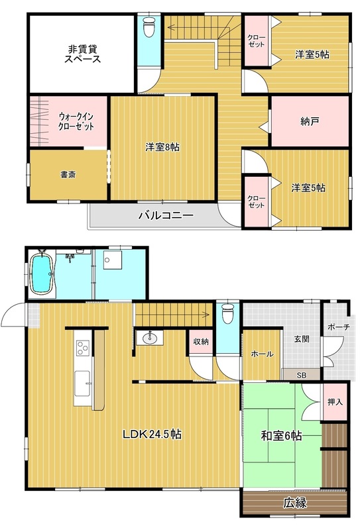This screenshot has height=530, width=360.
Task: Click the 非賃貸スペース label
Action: pyautogui.click(x=83, y=54)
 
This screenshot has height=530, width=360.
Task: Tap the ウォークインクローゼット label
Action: pyautogui.click(x=76, y=122)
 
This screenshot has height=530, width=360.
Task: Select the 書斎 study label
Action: pyautogui.click(x=68, y=175)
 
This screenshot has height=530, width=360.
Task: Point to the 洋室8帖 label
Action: pyautogui.click(x=162, y=147)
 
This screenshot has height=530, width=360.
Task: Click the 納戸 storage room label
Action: pyautogui.click(x=310, y=122)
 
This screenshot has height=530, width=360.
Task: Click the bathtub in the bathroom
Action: pyautogui.click(x=42, y=274)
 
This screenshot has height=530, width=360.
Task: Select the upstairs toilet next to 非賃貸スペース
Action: pyautogui.click(x=149, y=26)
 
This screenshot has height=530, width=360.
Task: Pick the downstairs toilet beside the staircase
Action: pyautogui.click(x=227, y=313)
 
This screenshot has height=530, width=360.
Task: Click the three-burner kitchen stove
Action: pyautogui.click(x=82, y=348)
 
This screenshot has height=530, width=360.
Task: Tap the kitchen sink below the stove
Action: pyautogui.click(x=82, y=384)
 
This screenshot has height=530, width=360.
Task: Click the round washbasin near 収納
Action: pyautogui.click(x=149, y=338)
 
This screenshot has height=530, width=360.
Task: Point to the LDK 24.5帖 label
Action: pyautogui.click(x=152, y=434)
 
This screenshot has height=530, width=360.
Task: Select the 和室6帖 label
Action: pyautogui.click(x=281, y=436)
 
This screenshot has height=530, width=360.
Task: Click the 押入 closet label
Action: pyautogui.click(x=335, y=402)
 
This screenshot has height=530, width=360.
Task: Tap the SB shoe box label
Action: pyautogui.click(x=301, y=375)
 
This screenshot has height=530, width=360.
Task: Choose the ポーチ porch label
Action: pyautogui.click(x=339, y=327)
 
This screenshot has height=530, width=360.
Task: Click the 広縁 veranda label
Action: pyautogui.click(x=295, y=503)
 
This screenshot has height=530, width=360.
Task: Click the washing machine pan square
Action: pyautogui.click(x=112, y=260)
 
